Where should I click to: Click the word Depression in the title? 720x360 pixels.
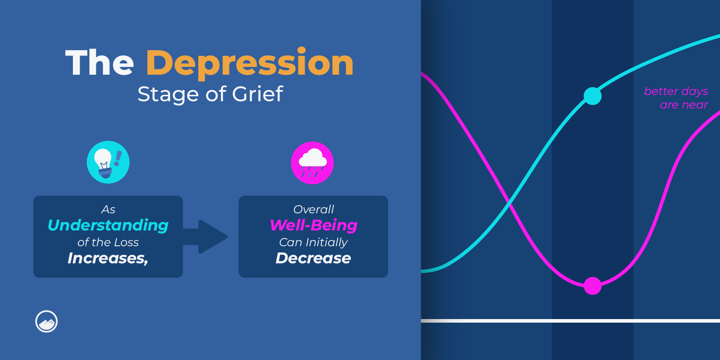(x=250, y=63)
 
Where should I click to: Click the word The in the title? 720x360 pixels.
(x=99, y=63)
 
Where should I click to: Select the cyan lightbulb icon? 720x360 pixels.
(x=108, y=162)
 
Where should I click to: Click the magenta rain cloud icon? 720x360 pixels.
(x=312, y=163)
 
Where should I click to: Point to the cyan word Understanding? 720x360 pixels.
(x=108, y=225)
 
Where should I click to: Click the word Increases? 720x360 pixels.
(x=108, y=258)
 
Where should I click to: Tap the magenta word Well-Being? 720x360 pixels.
(x=313, y=225)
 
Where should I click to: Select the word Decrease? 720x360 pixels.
(x=313, y=258)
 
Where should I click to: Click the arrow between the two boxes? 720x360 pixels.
(x=205, y=237)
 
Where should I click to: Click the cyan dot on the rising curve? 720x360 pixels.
(x=592, y=96)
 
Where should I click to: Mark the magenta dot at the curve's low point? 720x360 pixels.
(x=592, y=286)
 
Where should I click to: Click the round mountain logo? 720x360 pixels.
(x=46, y=321)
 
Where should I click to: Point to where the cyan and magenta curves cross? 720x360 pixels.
(x=508, y=202)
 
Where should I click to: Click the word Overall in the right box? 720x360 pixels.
(x=313, y=209)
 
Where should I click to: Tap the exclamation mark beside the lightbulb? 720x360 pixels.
(x=118, y=158)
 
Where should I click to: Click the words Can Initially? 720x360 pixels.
(x=313, y=243)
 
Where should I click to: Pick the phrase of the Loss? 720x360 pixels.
(x=108, y=243)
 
